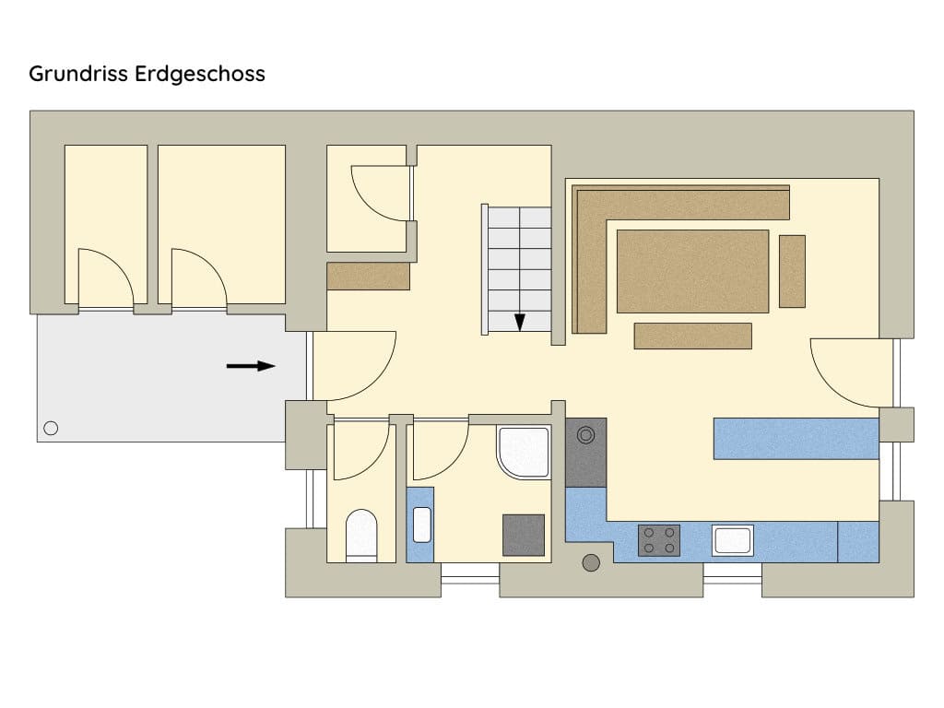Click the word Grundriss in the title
coord(81,74)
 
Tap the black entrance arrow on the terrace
coord(252,366)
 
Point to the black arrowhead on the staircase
coord(520,323)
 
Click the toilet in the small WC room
coord(360,534)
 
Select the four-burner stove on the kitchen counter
coord(659,540)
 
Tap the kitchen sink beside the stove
coord(732,540)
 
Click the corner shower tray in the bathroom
coord(522,452)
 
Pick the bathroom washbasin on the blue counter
coord(421,525)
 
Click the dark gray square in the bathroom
coord(523,535)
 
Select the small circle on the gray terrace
coord(51,427)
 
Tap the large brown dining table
coord(691,271)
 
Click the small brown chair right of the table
coord(792,271)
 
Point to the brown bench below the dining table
coord(692,336)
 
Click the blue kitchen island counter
coord(796,439)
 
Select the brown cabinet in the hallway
coord(368,277)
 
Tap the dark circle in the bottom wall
coord(591,562)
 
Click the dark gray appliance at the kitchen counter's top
coord(585,452)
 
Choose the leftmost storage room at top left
coord(105,223)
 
